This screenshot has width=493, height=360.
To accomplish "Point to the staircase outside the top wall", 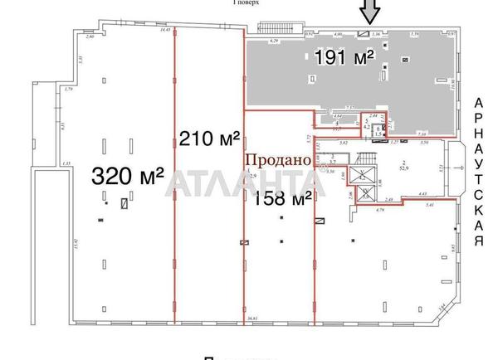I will [271, 27].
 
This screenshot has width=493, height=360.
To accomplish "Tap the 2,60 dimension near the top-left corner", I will [90, 37].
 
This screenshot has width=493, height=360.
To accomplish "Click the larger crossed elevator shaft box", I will [363, 176].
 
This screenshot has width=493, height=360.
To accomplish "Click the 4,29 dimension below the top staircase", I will [271, 39].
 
